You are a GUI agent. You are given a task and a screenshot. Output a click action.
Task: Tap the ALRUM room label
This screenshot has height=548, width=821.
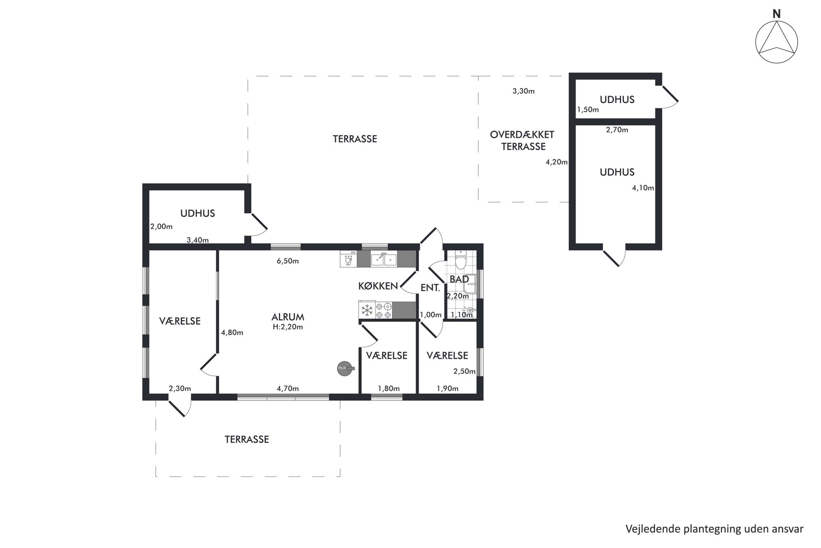pos(288,317)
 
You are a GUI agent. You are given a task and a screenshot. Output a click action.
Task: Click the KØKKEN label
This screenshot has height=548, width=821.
pos(378,286)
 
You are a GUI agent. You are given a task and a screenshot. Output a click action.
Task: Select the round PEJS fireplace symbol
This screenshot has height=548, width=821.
pos(345,368)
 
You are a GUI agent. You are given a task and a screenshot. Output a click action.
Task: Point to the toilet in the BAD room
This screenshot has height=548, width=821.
pos(460,260)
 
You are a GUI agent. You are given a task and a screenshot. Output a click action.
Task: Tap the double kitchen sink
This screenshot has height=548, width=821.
pos(384,259)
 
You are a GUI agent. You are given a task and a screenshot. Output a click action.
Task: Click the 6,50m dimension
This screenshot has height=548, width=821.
pos(288,261)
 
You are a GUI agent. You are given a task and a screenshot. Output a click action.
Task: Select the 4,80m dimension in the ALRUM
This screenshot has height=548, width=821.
pos(232,332)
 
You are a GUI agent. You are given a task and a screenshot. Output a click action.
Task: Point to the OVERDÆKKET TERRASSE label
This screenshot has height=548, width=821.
pos(523,140)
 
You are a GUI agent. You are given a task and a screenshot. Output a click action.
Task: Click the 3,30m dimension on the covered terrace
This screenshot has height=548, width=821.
pos(523,91)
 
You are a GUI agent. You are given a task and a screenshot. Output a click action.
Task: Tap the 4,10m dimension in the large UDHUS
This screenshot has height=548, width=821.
pos(643,188)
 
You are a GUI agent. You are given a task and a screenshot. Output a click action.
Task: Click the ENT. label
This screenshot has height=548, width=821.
pos(430,288)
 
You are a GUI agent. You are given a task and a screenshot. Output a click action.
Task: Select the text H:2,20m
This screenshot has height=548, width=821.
pos(288,327)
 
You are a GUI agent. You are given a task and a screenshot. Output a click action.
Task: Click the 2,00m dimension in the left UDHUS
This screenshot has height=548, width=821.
pos(161,227)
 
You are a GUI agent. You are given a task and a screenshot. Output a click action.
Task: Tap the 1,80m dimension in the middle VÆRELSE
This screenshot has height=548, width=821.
pos(389,389)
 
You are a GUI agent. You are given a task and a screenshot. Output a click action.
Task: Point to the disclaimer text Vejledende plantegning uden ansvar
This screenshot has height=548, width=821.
pos(714,529)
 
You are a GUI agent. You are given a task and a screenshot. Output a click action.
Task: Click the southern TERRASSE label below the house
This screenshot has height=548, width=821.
pos(247,439)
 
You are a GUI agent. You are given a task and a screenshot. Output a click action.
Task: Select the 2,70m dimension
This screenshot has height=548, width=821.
pos(617,130)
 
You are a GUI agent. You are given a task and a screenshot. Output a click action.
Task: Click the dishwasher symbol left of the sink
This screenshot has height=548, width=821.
pos(348,259)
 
